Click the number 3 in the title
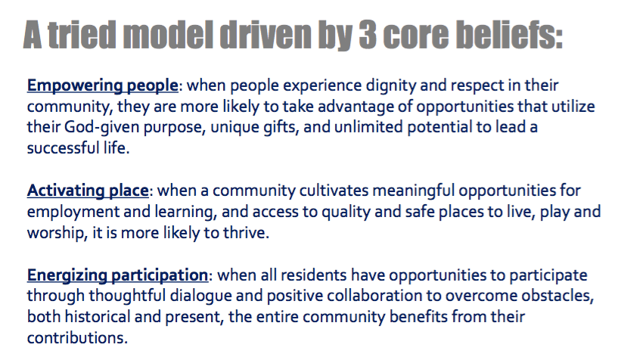(368, 35)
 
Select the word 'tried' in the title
(82, 35)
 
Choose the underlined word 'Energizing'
(67, 275)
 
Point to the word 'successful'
(63, 148)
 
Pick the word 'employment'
(73, 213)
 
